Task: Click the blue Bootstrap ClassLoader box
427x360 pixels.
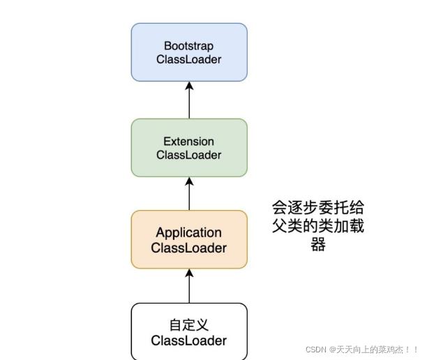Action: (189, 52)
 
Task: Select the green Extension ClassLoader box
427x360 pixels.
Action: (189, 147)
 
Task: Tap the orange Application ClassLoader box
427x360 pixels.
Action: (189, 239)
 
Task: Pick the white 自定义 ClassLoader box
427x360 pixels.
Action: (189, 331)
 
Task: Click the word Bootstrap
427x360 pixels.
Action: (189, 45)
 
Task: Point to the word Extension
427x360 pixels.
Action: (189, 141)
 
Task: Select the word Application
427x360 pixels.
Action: (189, 232)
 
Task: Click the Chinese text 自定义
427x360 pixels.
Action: (189, 325)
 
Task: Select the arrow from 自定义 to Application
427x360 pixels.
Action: (189, 285)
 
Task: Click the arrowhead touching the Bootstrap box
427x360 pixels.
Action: (189, 86)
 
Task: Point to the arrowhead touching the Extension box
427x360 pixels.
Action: (189, 181)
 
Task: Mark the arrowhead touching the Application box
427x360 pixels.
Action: (189, 273)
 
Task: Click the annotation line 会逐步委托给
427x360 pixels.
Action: (317, 208)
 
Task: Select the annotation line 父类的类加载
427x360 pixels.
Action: (317, 227)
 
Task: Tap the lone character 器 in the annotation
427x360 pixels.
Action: (317, 245)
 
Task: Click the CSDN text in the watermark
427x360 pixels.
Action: (317, 348)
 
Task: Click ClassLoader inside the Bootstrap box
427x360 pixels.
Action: (189, 59)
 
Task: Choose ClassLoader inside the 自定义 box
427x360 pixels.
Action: (189, 340)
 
